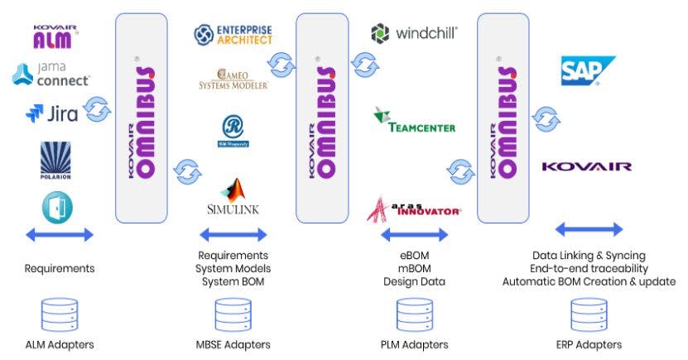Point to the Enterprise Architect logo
point(233,34)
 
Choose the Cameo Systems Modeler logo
point(233,79)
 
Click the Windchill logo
point(414,33)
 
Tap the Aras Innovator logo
point(413,209)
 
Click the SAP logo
point(587,71)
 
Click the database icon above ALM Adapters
point(59,315)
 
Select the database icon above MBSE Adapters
point(232,315)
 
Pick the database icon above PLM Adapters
point(414,315)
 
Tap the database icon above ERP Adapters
point(588,315)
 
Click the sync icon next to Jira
point(99,108)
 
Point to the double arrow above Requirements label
point(59,235)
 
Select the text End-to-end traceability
point(589,268)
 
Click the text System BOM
point(233,281)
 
